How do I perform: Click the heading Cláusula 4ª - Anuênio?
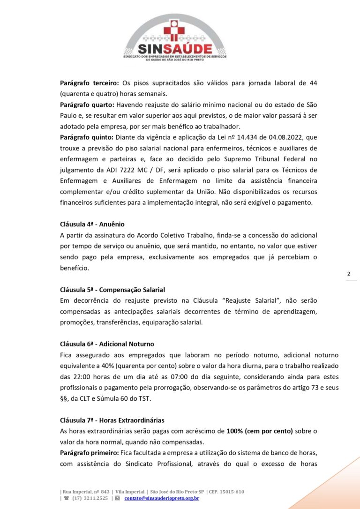click(92, 224)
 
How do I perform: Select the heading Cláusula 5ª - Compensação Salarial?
click(112, 290)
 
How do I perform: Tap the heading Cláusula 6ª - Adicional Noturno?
click(107, 344)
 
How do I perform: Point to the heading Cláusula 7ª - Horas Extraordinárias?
click(112, 420)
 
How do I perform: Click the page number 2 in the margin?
click(349, 274)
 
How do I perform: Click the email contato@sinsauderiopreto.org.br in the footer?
click(162, 498)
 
